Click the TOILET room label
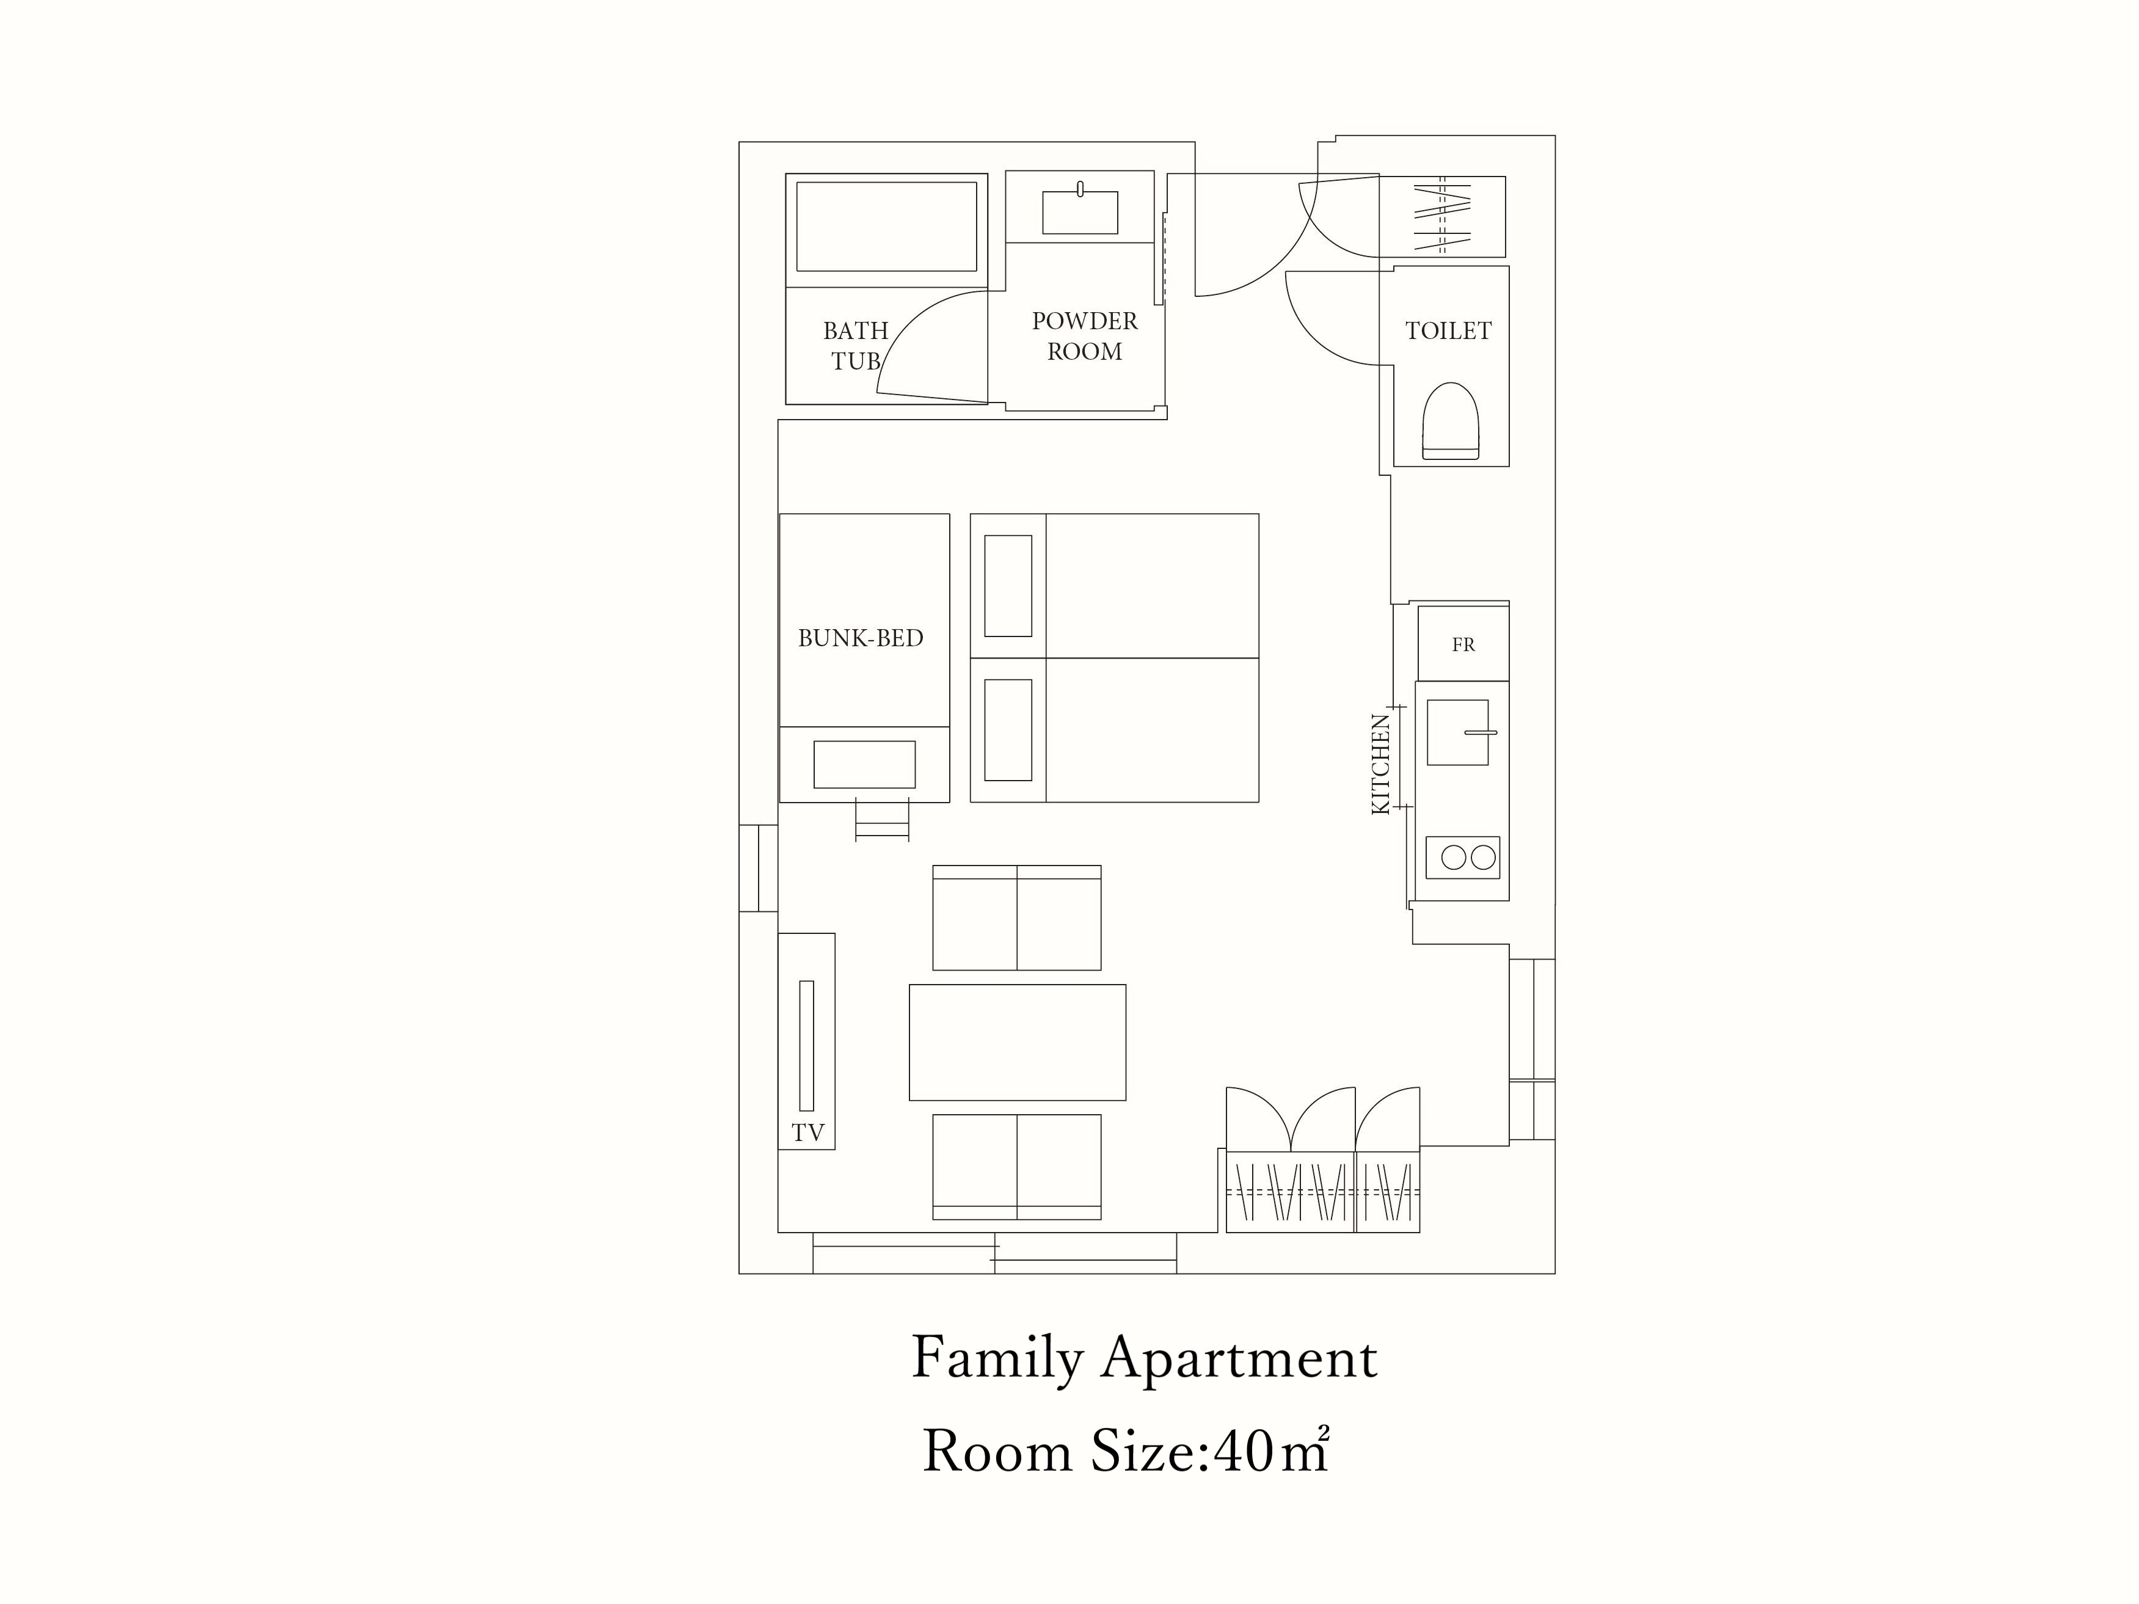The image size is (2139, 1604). [1448, 330]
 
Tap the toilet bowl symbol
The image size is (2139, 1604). [1451, 421]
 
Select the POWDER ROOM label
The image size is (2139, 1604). [1084, 335]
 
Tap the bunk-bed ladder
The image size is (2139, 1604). [882, 819]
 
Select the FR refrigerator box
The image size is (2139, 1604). [1463, 643]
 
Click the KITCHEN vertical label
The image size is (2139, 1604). [1381, 764]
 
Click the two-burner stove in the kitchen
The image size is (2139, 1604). [1463, 858]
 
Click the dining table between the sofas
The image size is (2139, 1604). [1018, 1042]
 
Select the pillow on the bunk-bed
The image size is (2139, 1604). [864, 765]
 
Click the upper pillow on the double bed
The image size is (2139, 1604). [1008, 586]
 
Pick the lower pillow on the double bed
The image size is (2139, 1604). [1008, 730]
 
